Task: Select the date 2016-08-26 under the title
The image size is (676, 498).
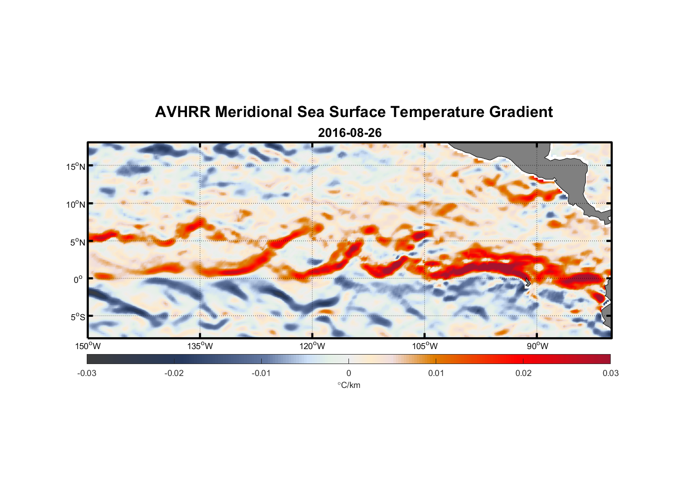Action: (x=349, y=133)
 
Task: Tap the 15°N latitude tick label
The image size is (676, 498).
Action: (x=76, y=166)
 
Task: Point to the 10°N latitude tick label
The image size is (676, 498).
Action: (x=76, y=204)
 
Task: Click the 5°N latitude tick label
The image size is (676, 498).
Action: (x=77, y=242)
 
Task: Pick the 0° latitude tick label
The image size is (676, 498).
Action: (x=79, y=279)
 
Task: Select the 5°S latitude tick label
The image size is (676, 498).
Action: (x=77, y=317)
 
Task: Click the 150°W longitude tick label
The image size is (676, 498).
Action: (x=88, y=346)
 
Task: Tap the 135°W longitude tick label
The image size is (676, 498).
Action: (x=200, y=346)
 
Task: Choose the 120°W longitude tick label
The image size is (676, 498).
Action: (x=313, y=346)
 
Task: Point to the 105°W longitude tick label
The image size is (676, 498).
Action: (x=425, y=346)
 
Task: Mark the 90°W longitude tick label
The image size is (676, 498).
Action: (x=537, y=346)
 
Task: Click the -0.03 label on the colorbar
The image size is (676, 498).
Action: (x=87, y=373)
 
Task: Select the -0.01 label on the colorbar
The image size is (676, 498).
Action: (x=261, y=373)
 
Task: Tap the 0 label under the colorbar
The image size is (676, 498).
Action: (x=348, y=373)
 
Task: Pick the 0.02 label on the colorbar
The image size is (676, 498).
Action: (x=523, y=373)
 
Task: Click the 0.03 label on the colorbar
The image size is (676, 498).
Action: (x=610, y=373)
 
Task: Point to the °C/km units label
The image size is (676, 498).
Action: (x=349, y=385)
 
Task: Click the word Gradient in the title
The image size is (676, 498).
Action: (x=521, y=112)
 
